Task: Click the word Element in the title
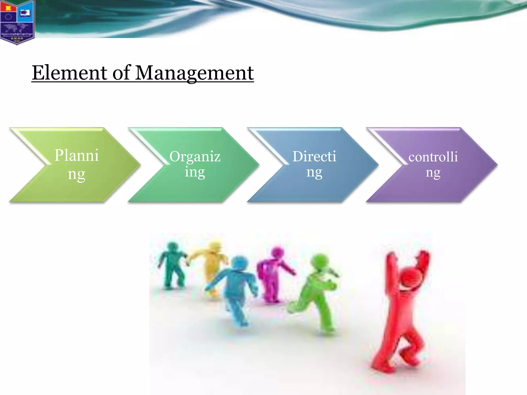(x=69, y=73)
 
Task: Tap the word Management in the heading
(x=194, y=73)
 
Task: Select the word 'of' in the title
(x=122, y=73)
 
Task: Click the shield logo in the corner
(x=17, y=22)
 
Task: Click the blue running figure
(x=237, y=288)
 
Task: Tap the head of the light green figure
(x=320, y=261)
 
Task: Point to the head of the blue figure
(x=240, y=262)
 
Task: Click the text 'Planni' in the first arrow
(x=76, y=156)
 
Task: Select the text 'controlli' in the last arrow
(x=433, y=157)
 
